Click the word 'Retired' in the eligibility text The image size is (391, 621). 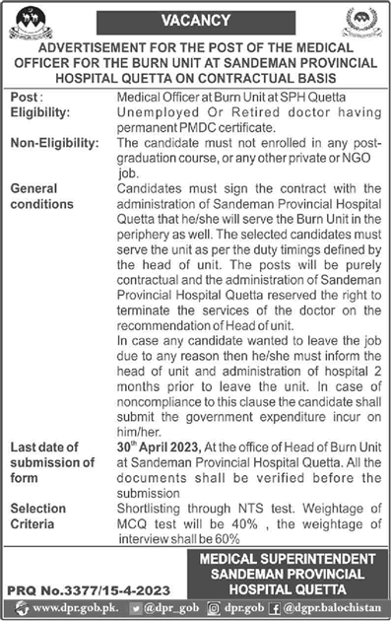tap(218, 113)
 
